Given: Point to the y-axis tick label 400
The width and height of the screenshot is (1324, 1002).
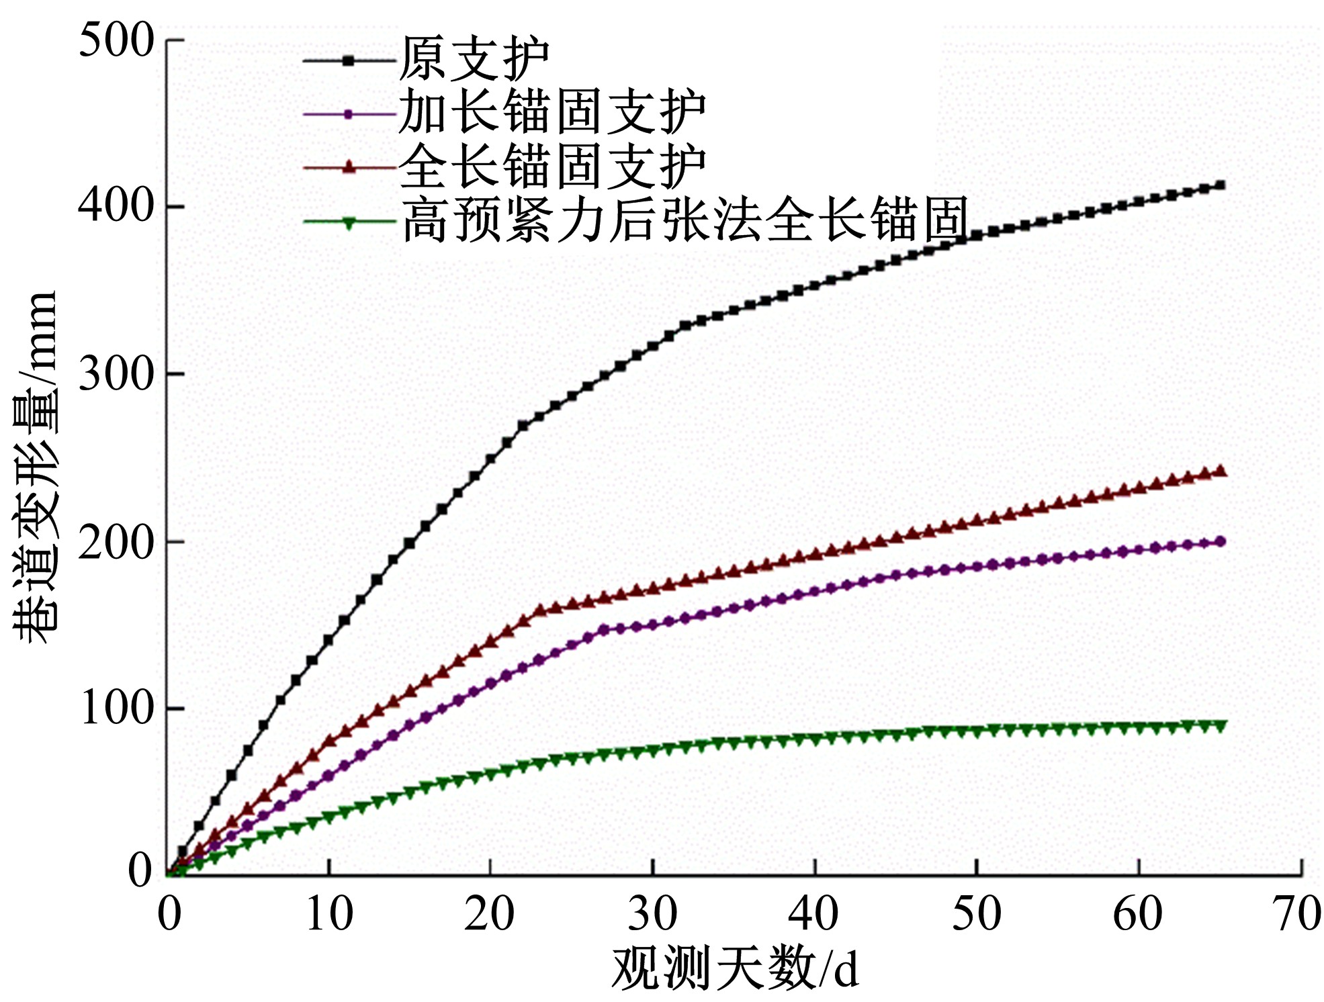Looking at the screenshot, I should (x=116, y=206).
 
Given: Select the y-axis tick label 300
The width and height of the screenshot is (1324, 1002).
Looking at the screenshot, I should (x=116, y=373).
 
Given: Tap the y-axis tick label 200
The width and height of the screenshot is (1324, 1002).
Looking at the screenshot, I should (x=116, y=541).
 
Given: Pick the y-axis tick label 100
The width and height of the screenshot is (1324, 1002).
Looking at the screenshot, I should (x=116, y=708).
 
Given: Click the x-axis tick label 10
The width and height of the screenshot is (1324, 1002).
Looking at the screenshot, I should (x=329, y=915).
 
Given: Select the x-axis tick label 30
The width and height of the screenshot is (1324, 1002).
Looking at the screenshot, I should (x=652, y=915).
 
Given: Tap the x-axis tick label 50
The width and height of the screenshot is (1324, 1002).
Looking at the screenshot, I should (x=976, y=915).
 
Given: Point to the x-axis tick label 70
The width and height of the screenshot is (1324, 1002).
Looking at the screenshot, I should (x=1298, y=915).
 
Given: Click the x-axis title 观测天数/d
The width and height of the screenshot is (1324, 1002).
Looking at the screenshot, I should (x=735, y=970).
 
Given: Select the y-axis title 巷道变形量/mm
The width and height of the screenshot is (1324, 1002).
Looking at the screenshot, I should (x=35, y=467).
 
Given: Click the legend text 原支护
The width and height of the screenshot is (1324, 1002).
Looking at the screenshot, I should (x=474, y=59).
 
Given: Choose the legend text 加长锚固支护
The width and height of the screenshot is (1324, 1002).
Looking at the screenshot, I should (x=552, y=113).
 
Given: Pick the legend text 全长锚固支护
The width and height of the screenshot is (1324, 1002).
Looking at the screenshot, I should (x=552, y=167).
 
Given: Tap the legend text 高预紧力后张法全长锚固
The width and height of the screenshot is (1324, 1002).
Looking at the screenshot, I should (x=685, y=220).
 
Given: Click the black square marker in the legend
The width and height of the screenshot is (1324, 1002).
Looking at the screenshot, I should (x=348, y=60).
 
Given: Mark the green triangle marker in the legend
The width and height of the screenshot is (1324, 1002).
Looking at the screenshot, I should (x=348, y=223).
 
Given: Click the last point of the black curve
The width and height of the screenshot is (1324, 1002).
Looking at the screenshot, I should (x=1221, y=185).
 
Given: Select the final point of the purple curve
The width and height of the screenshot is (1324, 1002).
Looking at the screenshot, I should (x=1221, y=541).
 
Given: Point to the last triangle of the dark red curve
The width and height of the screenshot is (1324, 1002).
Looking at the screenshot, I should (x=1221, y=471).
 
